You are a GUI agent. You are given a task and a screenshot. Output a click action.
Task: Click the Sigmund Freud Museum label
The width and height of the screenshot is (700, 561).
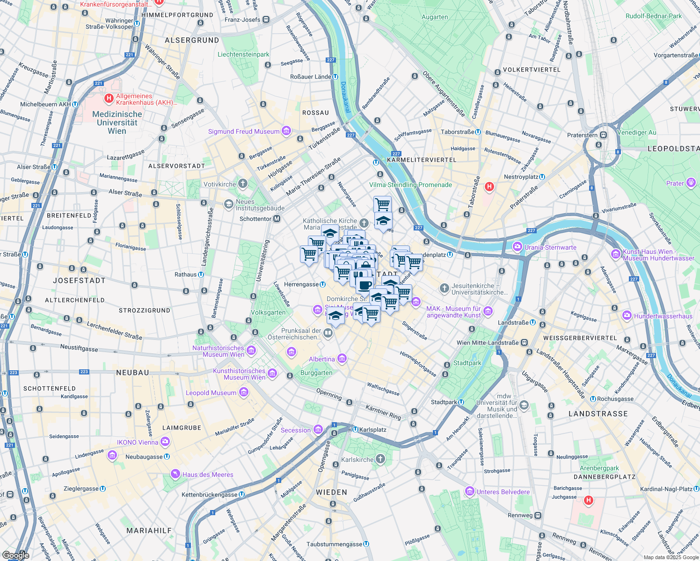click(243, 131)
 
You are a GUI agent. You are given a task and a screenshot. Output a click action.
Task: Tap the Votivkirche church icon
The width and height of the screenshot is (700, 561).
click(242, 184)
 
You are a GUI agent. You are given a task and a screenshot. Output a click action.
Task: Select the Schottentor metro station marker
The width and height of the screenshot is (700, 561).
click(277, 219)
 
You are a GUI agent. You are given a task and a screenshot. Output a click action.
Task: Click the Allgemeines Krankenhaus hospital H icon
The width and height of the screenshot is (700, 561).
click(109, 98)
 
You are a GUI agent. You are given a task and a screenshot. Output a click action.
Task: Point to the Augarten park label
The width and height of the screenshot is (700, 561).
click(435, 17)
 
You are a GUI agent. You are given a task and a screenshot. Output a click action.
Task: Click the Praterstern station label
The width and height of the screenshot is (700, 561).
click(582, 135)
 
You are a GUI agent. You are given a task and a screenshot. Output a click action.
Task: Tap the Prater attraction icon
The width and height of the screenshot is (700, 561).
click(691, 183)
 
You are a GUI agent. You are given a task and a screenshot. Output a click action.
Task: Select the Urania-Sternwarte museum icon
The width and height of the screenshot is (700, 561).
click(517, 247)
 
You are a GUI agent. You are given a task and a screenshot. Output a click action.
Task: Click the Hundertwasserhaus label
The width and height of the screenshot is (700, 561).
click(663, 316)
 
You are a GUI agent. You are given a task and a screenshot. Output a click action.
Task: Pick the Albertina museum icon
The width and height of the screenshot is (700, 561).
click(342, 359)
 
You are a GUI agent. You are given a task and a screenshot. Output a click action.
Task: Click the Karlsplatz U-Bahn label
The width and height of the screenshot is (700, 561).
click(372, 429)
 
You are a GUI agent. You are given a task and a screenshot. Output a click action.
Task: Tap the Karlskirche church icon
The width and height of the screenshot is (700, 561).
click(380, 459)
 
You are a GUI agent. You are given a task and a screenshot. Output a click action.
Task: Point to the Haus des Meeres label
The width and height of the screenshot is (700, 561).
click(208, 475)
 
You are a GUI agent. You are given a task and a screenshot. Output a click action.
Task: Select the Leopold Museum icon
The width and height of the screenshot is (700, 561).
click(244, 392)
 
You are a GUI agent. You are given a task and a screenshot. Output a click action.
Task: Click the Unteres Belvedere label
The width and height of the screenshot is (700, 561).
click(503, 492)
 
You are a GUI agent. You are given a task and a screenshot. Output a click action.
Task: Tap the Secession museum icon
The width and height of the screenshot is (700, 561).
click(318, 429)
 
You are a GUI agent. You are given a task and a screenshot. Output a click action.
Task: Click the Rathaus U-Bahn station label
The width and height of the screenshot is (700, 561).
click(185, 274)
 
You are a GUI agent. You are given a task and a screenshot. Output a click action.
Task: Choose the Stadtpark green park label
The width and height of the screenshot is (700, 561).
click(467, 363)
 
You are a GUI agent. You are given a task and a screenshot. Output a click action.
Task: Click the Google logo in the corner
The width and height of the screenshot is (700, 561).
click(15, 555)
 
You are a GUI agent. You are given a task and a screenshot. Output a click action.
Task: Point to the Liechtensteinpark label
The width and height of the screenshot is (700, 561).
click(243, 54)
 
